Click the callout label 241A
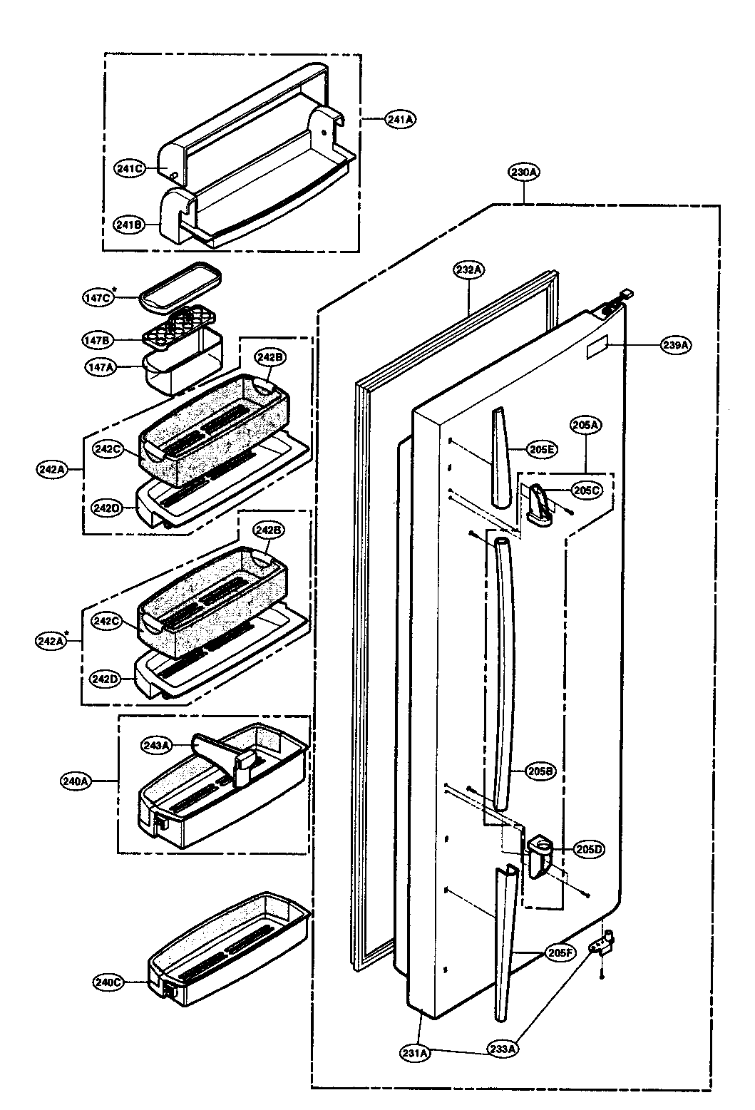coord(400,120)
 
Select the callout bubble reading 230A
coord(524,172)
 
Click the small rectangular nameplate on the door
coord(597,350)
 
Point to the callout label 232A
coord(470,269)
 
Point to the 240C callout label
coord(108,982)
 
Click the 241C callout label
coord(130,168)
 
